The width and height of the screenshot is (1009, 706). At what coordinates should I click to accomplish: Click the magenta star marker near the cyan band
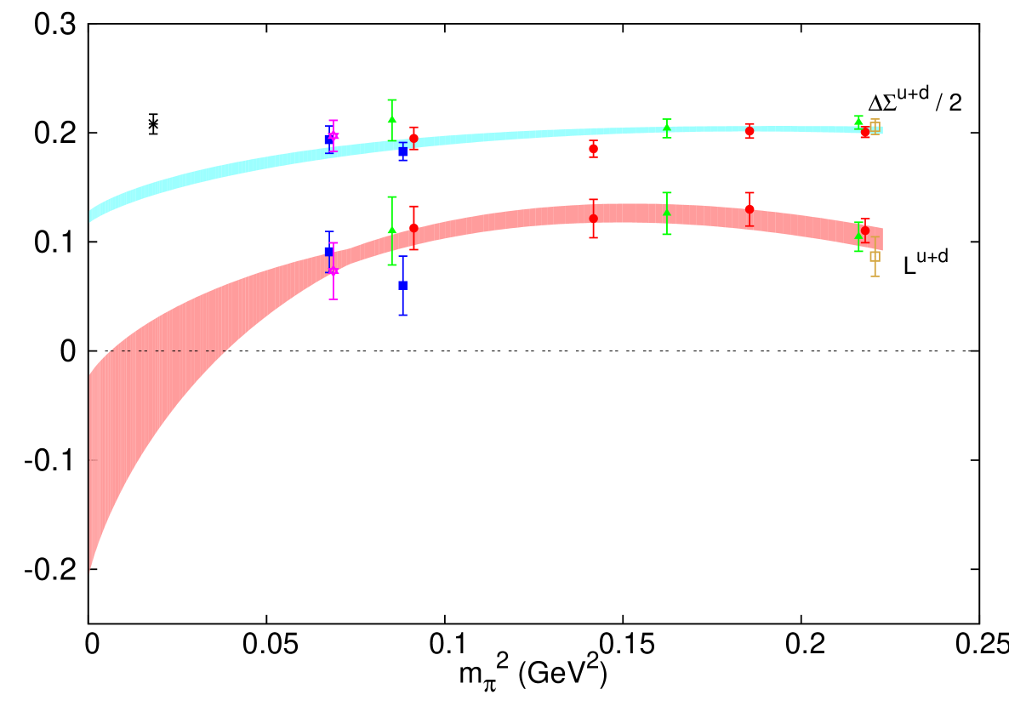click(x=333, y=135)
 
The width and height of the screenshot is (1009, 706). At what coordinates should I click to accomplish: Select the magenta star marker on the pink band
click(x=333, y=271)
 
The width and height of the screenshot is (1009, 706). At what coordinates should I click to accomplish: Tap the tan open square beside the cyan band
click(x=875, y=127)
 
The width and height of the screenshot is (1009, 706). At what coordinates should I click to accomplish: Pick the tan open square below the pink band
click(x=875, y=256)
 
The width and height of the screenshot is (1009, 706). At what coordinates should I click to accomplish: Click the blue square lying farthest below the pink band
click(x=402, y=286)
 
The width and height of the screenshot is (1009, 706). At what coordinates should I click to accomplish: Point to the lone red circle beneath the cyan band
click(x=593, y=148)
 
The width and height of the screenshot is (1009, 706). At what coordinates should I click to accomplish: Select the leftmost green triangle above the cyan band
click(x=392, y=119)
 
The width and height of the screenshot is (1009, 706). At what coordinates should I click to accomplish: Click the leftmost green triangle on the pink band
click(x=392, y=230)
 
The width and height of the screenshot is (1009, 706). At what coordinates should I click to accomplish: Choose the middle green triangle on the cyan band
click(x=667, y=128)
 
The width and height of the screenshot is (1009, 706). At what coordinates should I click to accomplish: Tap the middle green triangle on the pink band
click(x=667, y=212)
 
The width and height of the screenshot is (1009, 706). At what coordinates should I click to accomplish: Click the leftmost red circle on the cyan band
click(x=413, y=138)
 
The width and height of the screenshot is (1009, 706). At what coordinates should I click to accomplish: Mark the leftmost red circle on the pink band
click(x=413, y=228)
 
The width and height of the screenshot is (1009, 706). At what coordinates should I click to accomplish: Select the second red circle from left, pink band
click(x=593, y=219)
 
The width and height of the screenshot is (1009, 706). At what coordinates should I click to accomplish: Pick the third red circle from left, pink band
click(x=750, y=208)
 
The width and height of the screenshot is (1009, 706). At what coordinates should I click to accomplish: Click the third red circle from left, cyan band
click(x=750, y=131)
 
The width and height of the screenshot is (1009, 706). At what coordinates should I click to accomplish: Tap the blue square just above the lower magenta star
click(x=329, y=251)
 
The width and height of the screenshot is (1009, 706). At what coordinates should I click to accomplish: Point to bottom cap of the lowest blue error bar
click(x=402, y=315)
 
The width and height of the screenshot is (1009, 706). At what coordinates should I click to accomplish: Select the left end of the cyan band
click(x=90, y=215)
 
